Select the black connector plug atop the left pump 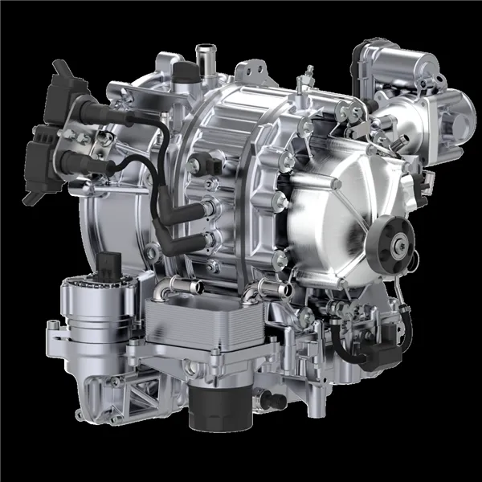(111, 264)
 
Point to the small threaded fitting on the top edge (304, 81)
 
